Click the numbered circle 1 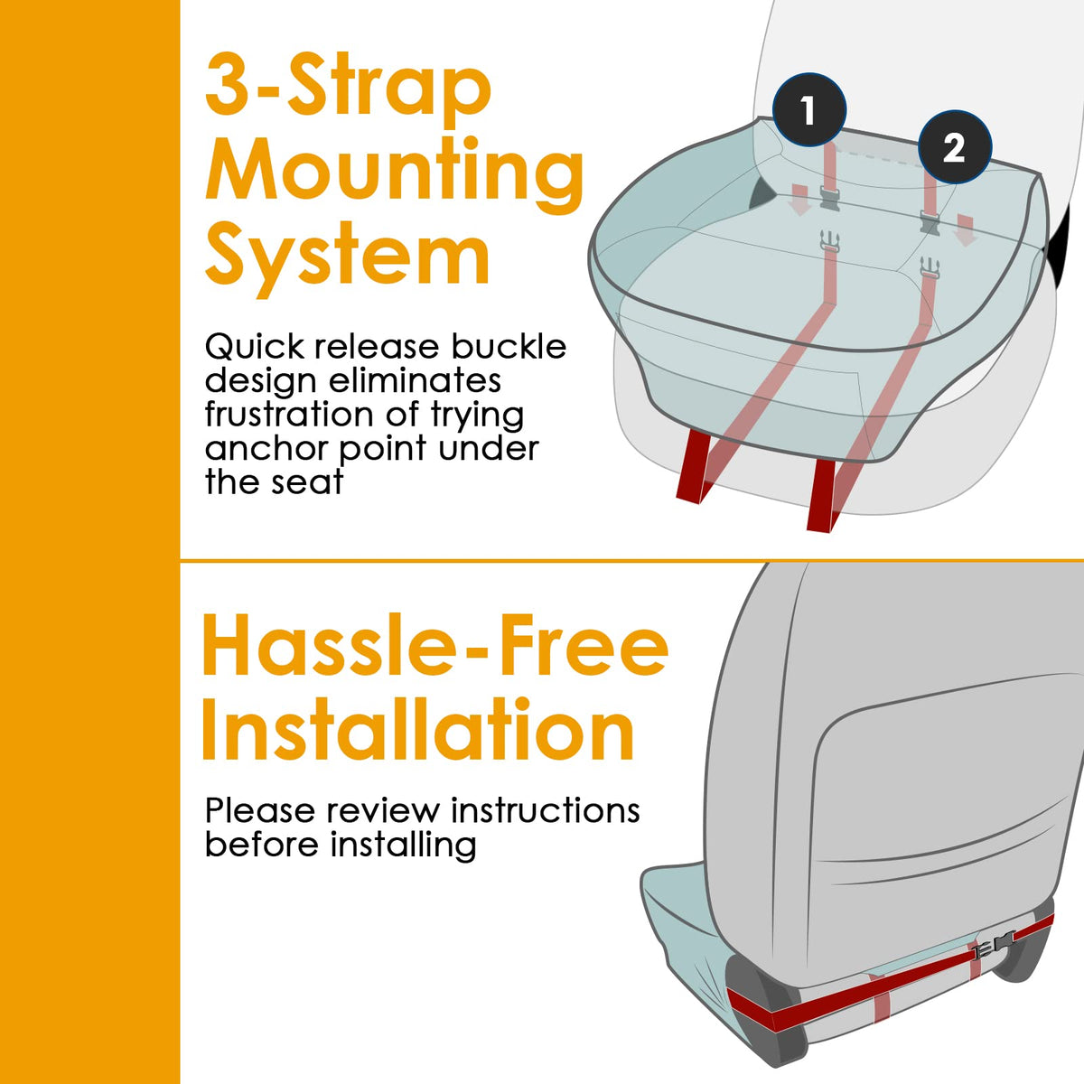click(808, 109)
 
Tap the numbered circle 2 click(955, 147)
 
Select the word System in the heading click(348, 256)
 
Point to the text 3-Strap click(348, 88)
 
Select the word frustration click(288, 415)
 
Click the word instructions click(545, 810)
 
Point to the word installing click(403, 846)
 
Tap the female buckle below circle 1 click(830, 199)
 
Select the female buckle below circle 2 click(930, 220)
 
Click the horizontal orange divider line click(631, 560)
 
